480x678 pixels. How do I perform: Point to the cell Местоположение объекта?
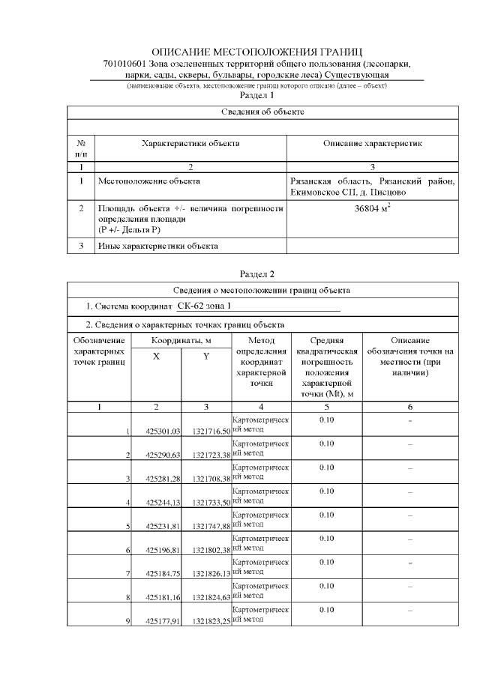pyautogui.click(x=149, y=181)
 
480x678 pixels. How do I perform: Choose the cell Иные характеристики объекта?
pyautogui.click(x=158, y=245)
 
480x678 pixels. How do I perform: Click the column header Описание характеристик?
pyautogui.click(x=373, y=142)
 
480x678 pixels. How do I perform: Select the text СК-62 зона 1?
pyautogui.click(x=205, y=306)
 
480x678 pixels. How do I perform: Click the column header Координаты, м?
pyautogui.click(x=181, y=341)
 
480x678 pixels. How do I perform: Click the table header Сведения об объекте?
pyautogui.click(x=262, y=112)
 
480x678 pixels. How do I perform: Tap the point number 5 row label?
pyautogui.click(x=128, y=526)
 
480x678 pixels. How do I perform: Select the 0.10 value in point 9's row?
pyautogui.click(x=326, y=610)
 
